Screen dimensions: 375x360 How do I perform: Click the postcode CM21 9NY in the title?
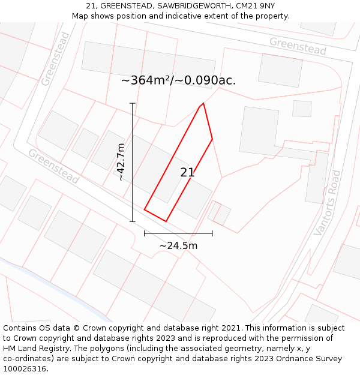click(254, 6)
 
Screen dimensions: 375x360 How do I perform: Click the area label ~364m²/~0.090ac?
click(178, 80)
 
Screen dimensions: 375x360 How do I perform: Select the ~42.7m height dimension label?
click(121, 162)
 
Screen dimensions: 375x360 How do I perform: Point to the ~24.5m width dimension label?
click(178, 245)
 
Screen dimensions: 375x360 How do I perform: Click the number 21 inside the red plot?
click(187, 173)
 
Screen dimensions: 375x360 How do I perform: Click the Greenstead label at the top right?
click(298, 46)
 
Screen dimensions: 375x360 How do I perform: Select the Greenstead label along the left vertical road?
click(56, 59)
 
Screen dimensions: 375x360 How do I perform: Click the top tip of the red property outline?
click(203, 103)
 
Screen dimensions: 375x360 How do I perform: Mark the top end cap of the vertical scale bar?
click(133, 103)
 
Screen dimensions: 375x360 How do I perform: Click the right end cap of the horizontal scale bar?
click(212, 233)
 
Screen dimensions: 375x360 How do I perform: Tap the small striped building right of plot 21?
click(219, 213)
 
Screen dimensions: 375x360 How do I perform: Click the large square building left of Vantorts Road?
click(259, 131)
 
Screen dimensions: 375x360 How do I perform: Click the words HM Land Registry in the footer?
click(32, 348)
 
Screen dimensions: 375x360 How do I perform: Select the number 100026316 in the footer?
click(24, 368)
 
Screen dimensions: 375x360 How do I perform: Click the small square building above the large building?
click(302, 109)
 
